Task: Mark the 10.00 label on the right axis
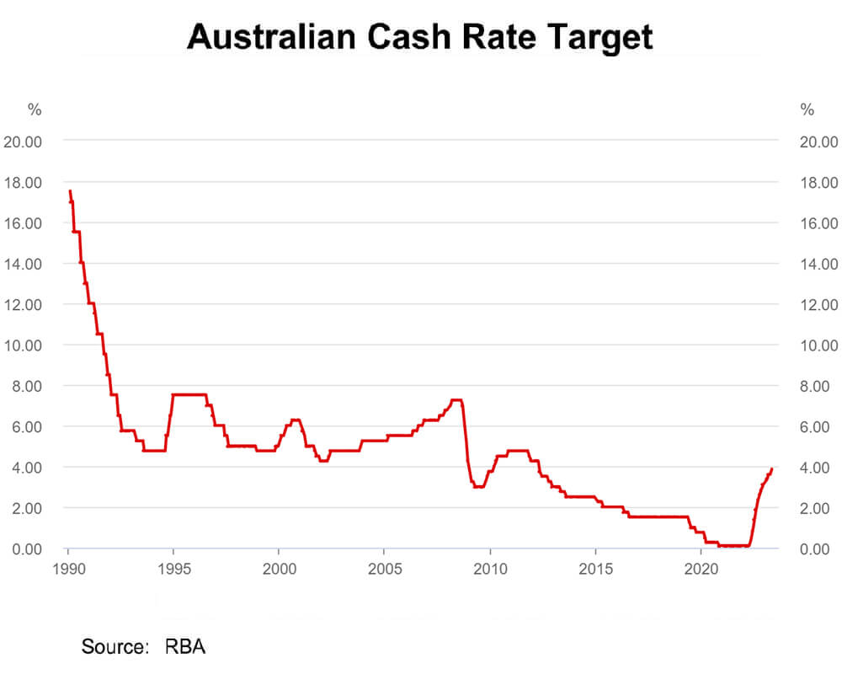click(818, 345)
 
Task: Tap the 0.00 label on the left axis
click(26, 549)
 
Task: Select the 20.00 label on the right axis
click(818, 142)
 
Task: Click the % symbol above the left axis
click(35, 110)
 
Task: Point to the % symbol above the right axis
click(807, 110)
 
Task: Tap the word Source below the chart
click(113, 647)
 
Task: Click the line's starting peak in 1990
click(70, 192)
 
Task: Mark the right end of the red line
click(772, 469)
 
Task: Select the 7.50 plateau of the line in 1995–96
click(189, 394)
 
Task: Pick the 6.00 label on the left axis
click(26, 427)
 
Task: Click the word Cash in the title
click(430, 37)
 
